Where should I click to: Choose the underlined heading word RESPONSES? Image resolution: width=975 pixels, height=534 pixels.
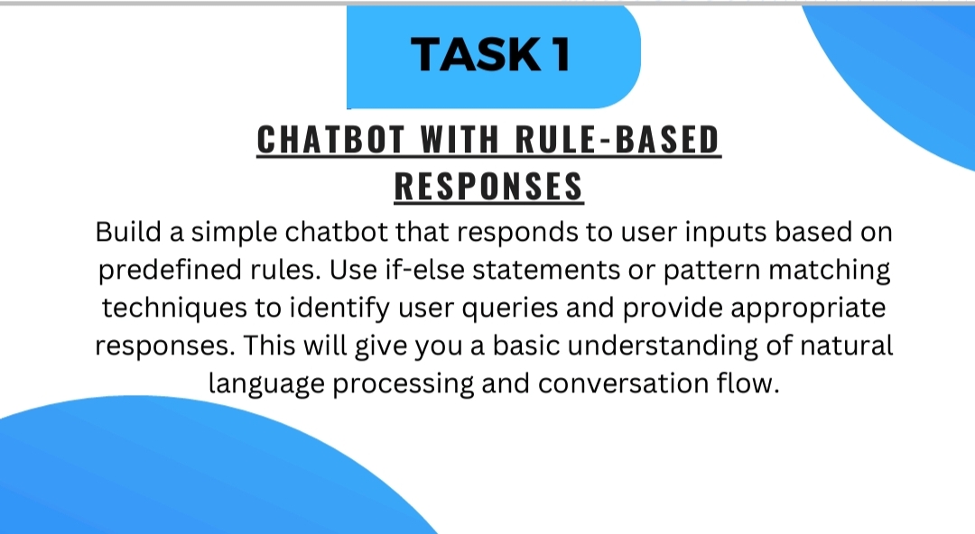tap(488, 186)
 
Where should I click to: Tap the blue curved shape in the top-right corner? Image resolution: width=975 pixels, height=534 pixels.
tap(912, 81)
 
